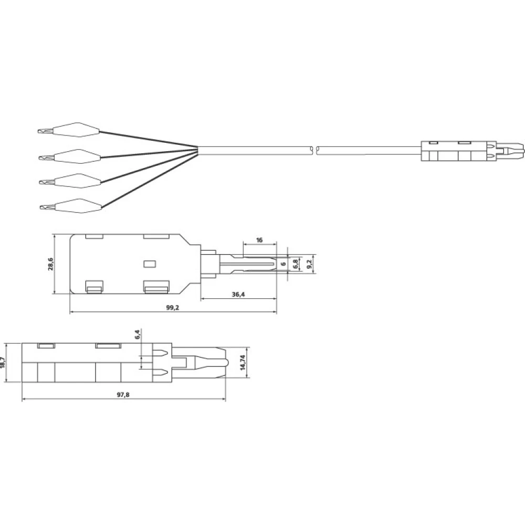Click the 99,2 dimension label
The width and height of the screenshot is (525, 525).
pyautogui.click(x=173, y=308)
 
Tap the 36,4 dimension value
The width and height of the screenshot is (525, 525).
pyautogui.click(x=238, y=295)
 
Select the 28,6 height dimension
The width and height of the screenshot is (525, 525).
pyautogui.click(x=50, y=264)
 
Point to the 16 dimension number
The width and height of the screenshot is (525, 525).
pyautogui.click(x=259, y=240)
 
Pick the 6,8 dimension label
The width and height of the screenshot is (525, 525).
pyautogui.click(x=295, y=264)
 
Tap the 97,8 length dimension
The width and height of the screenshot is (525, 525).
pyautogui.click(x=123, y=395)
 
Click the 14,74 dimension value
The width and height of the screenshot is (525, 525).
pyautogui.click(x=244, y=362)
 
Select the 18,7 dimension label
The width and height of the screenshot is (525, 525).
pyautogui.click(x=3, y=362)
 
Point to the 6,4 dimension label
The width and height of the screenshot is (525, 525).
pyautogui.click(x=138, y=334)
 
